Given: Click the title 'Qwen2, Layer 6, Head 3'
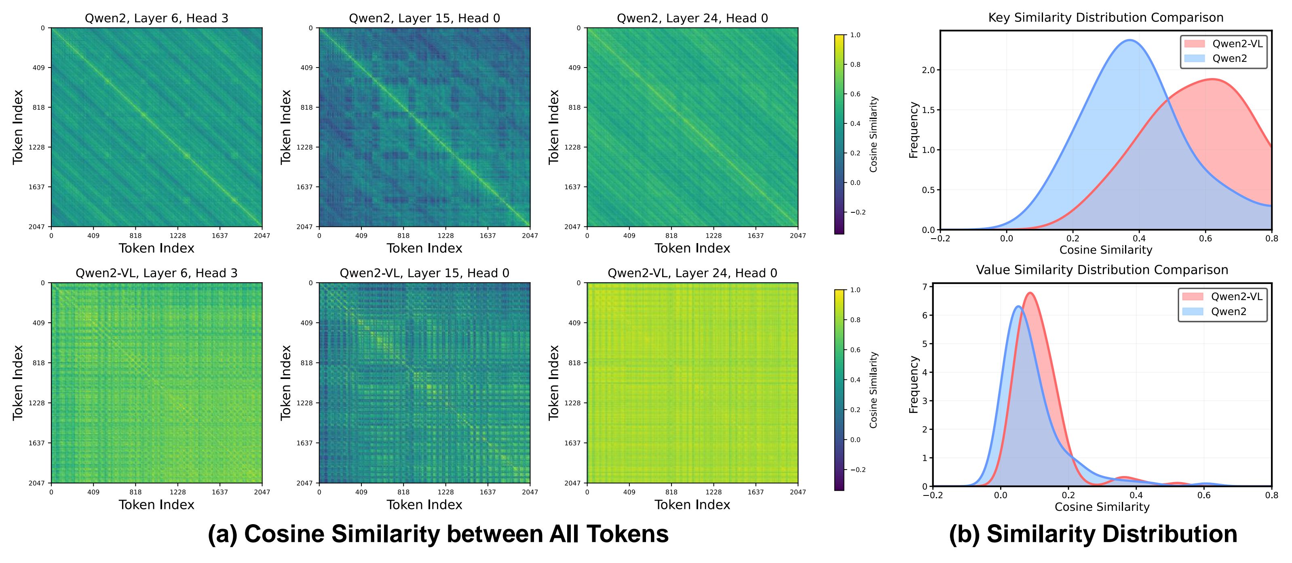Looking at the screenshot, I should (156, 19).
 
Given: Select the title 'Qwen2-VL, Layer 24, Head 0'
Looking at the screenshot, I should (692, 273).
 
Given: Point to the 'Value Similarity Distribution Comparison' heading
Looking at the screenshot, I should (1102, 270).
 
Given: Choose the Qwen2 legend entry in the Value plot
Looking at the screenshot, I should (1228, 311).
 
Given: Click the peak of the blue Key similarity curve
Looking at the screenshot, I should (1129, 40).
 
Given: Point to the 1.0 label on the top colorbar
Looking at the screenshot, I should (855, 35).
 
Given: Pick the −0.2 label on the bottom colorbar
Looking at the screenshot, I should (858, 470).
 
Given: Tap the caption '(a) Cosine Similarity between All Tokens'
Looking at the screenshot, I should (438, 534).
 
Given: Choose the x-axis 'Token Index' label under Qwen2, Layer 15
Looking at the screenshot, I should (424, 248).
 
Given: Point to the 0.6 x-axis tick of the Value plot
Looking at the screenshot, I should (1204, 496).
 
